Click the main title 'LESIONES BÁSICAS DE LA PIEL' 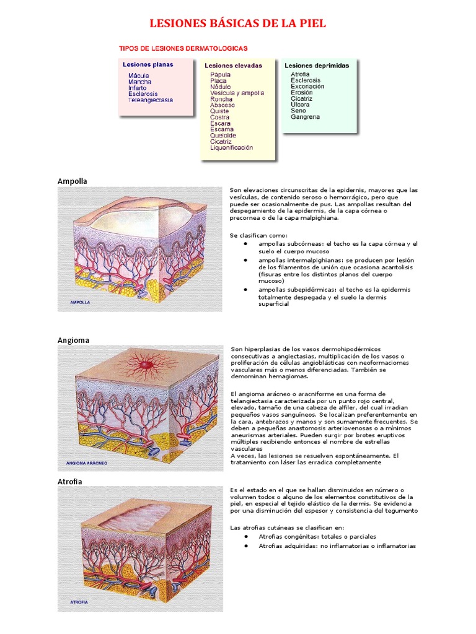coord(238,24)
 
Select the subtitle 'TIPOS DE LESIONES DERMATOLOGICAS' coord(183,48)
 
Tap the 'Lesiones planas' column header coord(148,64)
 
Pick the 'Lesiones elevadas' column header coord(233,66)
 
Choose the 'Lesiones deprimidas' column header coord(317,66)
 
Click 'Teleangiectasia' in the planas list coord(151,100)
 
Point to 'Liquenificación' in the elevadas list coord(232,148)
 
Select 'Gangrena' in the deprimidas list coord(306,116)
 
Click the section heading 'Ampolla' coord(73,181)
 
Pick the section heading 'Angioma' coord(73,341)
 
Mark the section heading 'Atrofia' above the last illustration coord(70,482)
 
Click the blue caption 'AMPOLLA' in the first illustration coord(81,303)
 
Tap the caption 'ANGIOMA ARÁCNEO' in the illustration coord(90,462)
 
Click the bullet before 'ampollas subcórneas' coord(246,244)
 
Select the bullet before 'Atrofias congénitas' coord(246,537)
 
